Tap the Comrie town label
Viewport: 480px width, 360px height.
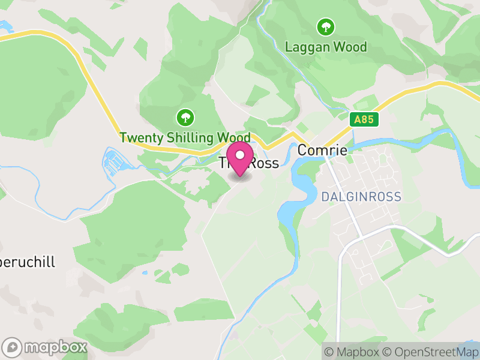point(322,150)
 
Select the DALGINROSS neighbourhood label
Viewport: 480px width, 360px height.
point(361,197)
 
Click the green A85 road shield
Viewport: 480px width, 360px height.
point(364,119)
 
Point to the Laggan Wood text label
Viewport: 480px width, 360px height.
point(326,46)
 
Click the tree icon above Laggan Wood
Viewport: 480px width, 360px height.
point(326,27)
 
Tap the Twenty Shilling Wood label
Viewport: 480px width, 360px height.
point(184,137)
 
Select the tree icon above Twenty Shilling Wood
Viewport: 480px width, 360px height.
point(184,117)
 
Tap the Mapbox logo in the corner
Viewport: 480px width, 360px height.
point(46,347)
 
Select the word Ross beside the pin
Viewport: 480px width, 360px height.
point(264,163)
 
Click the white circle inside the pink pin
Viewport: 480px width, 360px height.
point(240,154)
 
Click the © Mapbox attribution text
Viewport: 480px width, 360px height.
point(352,352)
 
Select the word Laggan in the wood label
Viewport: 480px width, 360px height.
point(307,46)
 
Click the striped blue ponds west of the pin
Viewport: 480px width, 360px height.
point(117,161)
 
